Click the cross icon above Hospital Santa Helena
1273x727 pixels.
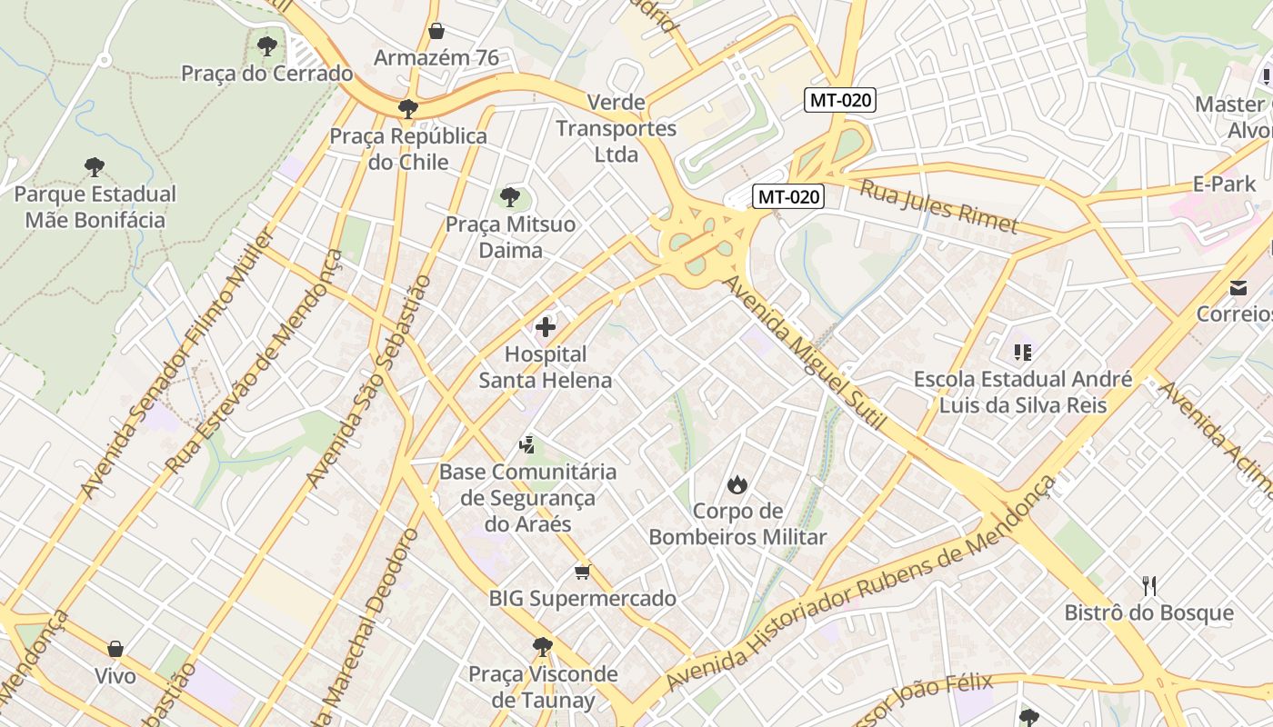[x=546, y=327]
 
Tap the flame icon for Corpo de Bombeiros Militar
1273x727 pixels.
[x=737, y=484]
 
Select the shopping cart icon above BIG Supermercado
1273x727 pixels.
[x=582, y=572]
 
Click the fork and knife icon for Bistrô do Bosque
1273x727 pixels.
[x=1149, y=586]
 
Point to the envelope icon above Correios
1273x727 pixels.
[x=1238, y=288]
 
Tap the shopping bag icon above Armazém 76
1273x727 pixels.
[x=436, y=31]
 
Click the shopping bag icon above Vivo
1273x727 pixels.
[x=115, y=649]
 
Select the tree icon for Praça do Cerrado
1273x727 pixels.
[x=266, y=45]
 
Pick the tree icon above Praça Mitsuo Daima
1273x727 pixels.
[x=510, y=196]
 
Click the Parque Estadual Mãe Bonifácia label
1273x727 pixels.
[x=95, y=207]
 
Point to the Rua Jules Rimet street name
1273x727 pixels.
[x=938, y=206]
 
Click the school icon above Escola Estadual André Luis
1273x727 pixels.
[x=1023, y=352]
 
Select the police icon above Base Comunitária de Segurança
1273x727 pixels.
[x=526, y=444]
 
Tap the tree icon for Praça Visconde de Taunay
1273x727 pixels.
[x=543, y=647]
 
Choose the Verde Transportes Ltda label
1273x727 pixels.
[x=616, y=128]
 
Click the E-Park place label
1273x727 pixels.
[x=1224, y=184]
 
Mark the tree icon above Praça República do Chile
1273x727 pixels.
[x=408, y=109]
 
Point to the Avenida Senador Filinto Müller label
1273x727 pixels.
[x=176, y=363]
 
